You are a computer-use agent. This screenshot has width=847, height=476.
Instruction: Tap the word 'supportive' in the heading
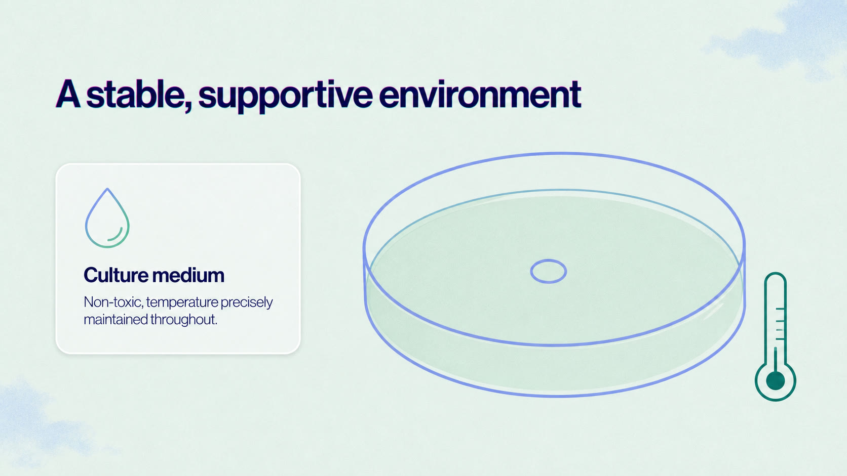(x=286, y=96)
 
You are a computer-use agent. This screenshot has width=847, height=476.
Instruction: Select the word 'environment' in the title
(x=480, y=95)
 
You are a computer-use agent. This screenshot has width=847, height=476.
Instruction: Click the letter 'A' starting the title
(x=68, y=94)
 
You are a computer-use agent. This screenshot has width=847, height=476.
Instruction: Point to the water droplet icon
(x=107, y=218)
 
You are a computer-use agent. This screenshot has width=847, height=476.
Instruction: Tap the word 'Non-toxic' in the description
(x=113, y=302)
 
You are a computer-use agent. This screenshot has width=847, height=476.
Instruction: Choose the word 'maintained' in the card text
(x=115, y=319)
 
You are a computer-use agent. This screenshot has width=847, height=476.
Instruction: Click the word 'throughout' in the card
(x=184, y=320)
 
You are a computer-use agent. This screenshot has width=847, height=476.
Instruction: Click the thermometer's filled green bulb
(x=775, y=380)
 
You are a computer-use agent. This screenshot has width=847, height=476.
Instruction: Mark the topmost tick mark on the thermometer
(x=780, y=309)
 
